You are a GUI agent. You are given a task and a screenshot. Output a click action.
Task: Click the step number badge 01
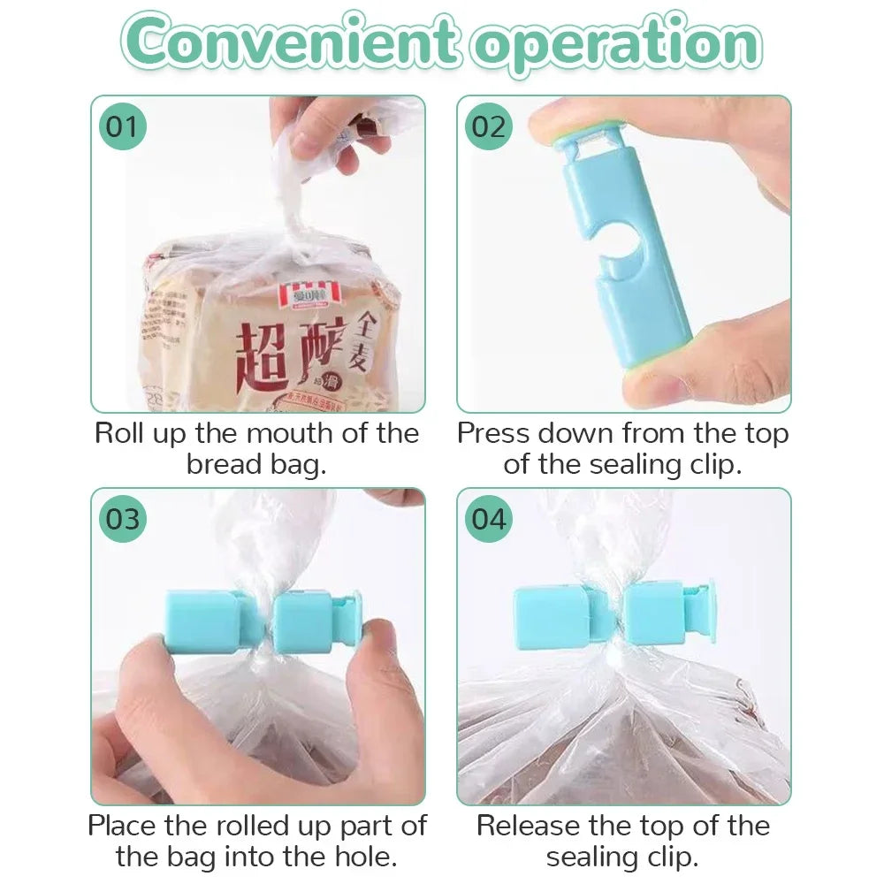tap(122, 127)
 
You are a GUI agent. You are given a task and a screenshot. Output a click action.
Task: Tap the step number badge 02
tap(487, 127)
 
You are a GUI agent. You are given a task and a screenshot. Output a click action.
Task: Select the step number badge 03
tap(122, 519)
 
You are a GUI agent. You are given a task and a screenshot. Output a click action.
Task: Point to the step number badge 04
tap(487, 519)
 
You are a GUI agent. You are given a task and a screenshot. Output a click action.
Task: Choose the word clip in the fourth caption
tap(667, 856)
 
